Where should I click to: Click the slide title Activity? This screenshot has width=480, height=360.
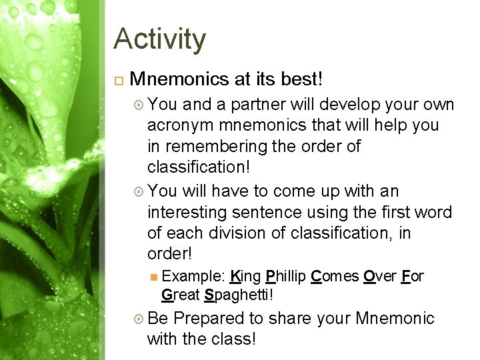click(x=159, y=40)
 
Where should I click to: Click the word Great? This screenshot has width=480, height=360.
click(x=181, y=293)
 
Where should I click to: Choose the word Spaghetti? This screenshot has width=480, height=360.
click(x=237, y=293)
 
